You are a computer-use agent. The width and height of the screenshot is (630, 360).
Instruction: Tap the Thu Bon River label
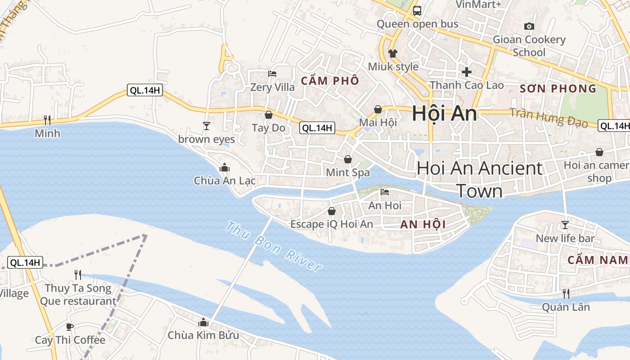274,246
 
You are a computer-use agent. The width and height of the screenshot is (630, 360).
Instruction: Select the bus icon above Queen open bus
417,10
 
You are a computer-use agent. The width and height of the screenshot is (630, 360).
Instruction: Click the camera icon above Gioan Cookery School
529,26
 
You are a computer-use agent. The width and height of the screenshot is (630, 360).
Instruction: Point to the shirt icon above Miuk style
393,53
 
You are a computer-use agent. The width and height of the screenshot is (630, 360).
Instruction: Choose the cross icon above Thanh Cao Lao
467,72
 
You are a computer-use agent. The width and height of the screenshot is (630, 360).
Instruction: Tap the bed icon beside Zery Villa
272,74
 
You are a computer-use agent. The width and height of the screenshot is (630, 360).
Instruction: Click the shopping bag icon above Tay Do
269,115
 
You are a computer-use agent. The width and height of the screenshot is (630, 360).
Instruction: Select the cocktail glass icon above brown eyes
207,126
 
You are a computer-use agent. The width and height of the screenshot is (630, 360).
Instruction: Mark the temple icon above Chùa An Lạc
225,168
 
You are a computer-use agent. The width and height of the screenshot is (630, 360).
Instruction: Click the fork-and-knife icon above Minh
47,120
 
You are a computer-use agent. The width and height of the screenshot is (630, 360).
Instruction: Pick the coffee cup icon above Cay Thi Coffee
70,327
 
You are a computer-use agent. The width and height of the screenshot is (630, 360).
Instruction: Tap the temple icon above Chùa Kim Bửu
203,322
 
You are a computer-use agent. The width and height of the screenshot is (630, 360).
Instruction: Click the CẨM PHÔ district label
330,81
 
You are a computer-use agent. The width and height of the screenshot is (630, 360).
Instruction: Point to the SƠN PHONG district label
558,89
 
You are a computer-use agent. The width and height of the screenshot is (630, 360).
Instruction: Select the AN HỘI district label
423,225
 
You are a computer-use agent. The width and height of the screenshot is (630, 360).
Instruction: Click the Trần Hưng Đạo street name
549,118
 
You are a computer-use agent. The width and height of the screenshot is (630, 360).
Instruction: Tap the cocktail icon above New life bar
565,225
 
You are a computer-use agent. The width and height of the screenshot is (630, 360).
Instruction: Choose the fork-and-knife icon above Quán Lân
566,294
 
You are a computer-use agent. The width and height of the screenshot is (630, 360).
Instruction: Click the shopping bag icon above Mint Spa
348,159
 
